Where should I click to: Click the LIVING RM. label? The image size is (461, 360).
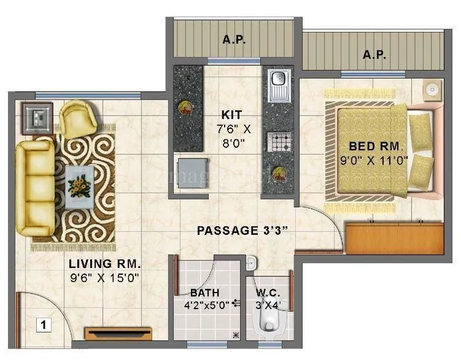[x=105, y=264]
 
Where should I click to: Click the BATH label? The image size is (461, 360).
[x=204, y=293]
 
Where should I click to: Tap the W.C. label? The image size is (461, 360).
[x=268, y=293]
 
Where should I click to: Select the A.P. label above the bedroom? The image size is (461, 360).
[x=373, y=55]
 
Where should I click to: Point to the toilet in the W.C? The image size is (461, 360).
[x=268, y=322]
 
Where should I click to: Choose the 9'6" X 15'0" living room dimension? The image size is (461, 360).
[x=105, y=277]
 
